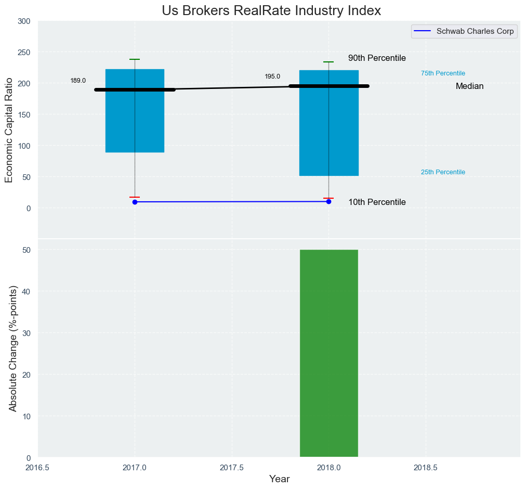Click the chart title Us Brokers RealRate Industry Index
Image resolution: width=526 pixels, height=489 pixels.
pyautogui.click(x=271, y=11)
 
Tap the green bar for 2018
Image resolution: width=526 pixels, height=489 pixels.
pyautogui.click(x=329, y=353)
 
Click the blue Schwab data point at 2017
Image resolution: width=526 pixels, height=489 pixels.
pyautogui.click(x=135, y=202)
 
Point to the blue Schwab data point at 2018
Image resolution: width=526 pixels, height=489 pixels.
pyautogui.click(x=328, y=201)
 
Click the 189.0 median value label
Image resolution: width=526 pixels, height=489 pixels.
pyautogui.click(x=78, y=81)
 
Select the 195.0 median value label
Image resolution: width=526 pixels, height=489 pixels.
pyautogui.click(x=272, y=76)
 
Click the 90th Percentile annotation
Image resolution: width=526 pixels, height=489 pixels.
pyautogui.click(x=377, y=58)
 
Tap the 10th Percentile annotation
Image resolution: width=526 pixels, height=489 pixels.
pyautogui.click(x=377, y=202)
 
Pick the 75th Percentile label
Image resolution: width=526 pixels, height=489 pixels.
pyautogui.click(x=443, y=73)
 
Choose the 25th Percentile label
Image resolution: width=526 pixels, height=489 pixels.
pyautogui.click(x=443, y=172)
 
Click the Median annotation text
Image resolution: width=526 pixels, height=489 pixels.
pyautogui.click(x=469, y=86)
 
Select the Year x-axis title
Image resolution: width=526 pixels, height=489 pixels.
pyautogui.click(x=279, y=479)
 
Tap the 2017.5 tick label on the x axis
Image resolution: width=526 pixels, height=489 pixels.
pyautogui.click(x=232, y=468)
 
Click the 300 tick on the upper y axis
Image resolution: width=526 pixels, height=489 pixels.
pyautogui.click(x=24, y=21)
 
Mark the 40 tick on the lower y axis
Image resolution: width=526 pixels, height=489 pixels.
pyautogui.click(x=27, y=291)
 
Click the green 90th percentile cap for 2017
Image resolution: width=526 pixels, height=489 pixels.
pyautogui.click(x=135, y=59)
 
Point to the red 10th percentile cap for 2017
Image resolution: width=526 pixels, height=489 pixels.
pyautogui.click(x=135, y=197)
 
